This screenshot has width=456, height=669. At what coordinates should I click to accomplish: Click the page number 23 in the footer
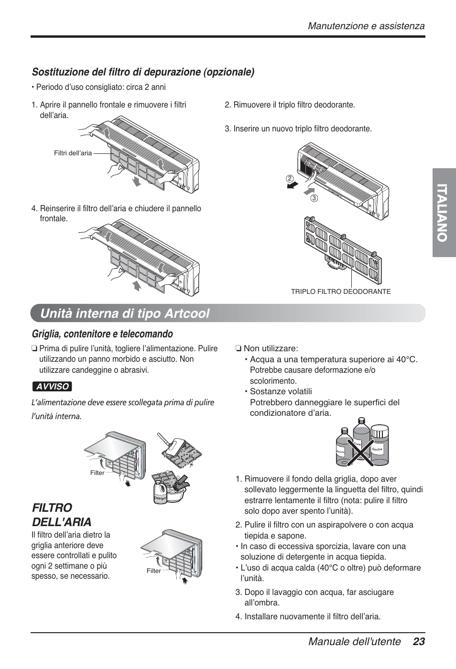pyautogui.click(x=419, y=642)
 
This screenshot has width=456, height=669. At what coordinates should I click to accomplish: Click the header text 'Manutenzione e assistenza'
pyautogui.click(x=366, y=26)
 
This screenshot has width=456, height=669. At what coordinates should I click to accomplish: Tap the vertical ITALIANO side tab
pyautogui.click(x=444, y=213)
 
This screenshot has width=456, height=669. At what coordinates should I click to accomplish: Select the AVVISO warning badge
pyautogui.click(x=52, y=387)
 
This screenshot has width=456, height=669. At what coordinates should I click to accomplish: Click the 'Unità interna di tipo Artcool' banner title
pyautogui.click(x=125, y=313)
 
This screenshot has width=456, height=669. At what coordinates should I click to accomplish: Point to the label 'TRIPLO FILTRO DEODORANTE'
pyautogui.click(x=341, y=291)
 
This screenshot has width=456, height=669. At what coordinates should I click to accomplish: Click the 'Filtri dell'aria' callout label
pyautogui.click(x=73, y=153)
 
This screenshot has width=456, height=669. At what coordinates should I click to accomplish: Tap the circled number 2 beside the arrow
pyautogui.click(x=289, y=178)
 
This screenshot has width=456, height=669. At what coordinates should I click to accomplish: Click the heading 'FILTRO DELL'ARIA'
pyautogui.click(x=61, y=514)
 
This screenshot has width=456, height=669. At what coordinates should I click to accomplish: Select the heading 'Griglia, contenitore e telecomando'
pyautogui.click(x=102, y=334)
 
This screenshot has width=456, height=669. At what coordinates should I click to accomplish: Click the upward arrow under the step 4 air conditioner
pyautogui.click(x=137, y=286)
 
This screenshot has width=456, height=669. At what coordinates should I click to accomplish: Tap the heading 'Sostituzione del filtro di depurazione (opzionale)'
pyautogui.click(x=143, y=72)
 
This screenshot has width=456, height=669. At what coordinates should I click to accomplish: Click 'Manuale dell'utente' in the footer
pyautogui.click(x=354, y=642)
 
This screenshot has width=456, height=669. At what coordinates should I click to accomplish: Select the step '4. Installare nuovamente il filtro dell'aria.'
pyautogui.click(x=308, y=616)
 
